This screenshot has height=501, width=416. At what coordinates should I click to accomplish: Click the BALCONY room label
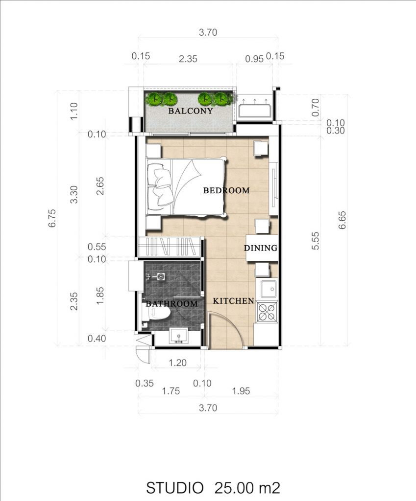click(191, 111)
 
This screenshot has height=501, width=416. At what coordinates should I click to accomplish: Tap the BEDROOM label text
click(226, 190)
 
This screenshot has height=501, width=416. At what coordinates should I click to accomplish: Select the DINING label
click(261, 248)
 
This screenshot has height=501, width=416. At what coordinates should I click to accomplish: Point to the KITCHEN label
click(234, 301)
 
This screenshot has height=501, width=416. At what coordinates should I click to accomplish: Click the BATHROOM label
click(172, 303)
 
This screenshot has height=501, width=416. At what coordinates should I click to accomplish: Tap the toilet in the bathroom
click(156, 312)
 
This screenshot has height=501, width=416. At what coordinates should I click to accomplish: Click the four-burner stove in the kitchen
click(267, 312)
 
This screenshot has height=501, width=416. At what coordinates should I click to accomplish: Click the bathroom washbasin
click(178, 336)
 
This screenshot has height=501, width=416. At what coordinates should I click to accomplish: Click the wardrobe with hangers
click(170, 247)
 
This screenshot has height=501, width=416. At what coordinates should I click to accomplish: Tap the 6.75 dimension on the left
click(52, 218)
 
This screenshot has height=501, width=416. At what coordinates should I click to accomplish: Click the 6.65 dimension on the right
click(342, 220)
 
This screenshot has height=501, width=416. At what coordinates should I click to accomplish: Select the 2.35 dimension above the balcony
click(188, 59)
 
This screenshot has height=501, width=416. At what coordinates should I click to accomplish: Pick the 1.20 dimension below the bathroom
click(177, 363)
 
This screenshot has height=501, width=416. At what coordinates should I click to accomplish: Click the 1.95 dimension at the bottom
click(241, 391)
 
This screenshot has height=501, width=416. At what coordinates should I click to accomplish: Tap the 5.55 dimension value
click(315, 241)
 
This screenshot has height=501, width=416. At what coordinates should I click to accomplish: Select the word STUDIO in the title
click(175, 488)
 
